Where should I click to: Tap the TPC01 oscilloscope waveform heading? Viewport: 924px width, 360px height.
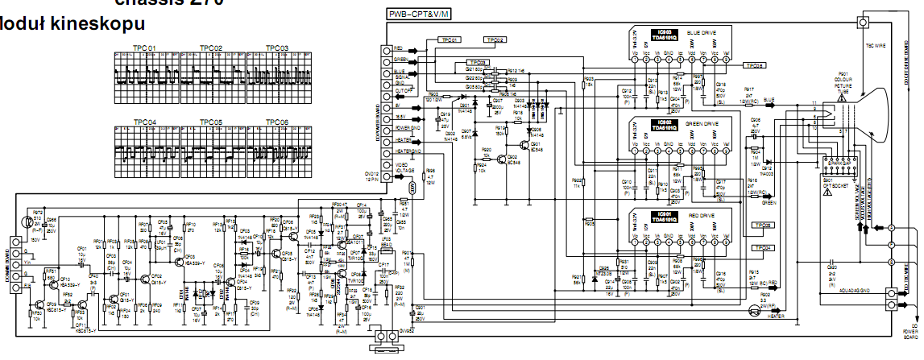pos(145,48)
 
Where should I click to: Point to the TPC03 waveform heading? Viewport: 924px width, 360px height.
pos(276,48)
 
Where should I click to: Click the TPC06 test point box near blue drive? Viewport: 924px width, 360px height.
pos(755,65)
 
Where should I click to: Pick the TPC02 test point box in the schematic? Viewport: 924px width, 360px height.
pos(495,39)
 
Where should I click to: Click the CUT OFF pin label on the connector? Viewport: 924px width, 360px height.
pos(402,92)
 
